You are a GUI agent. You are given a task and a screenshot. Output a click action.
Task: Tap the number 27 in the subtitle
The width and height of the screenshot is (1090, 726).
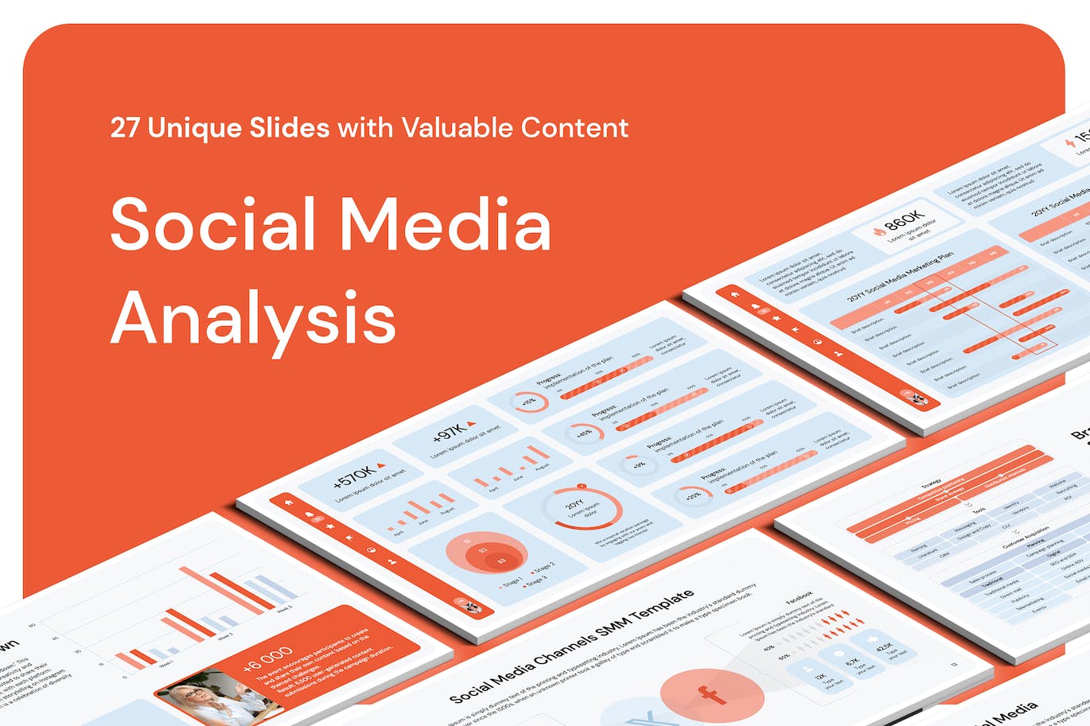pos(125,127)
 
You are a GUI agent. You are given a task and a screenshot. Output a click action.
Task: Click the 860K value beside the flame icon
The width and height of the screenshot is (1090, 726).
pos(903,220)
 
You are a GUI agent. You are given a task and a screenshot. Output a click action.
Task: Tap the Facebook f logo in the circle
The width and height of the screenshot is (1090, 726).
pos(710,694)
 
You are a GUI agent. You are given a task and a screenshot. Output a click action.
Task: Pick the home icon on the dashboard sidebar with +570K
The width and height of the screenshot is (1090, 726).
pos(290,502)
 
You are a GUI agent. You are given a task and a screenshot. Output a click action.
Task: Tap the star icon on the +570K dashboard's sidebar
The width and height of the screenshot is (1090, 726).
pos(329,526)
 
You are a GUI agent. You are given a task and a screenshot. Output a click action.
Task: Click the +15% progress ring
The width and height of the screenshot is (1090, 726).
pos(528,402)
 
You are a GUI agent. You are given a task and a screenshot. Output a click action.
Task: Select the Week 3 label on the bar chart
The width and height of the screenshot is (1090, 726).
pos(285,608)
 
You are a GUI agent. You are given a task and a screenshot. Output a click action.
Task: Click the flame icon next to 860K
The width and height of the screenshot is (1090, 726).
pos(879,231)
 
